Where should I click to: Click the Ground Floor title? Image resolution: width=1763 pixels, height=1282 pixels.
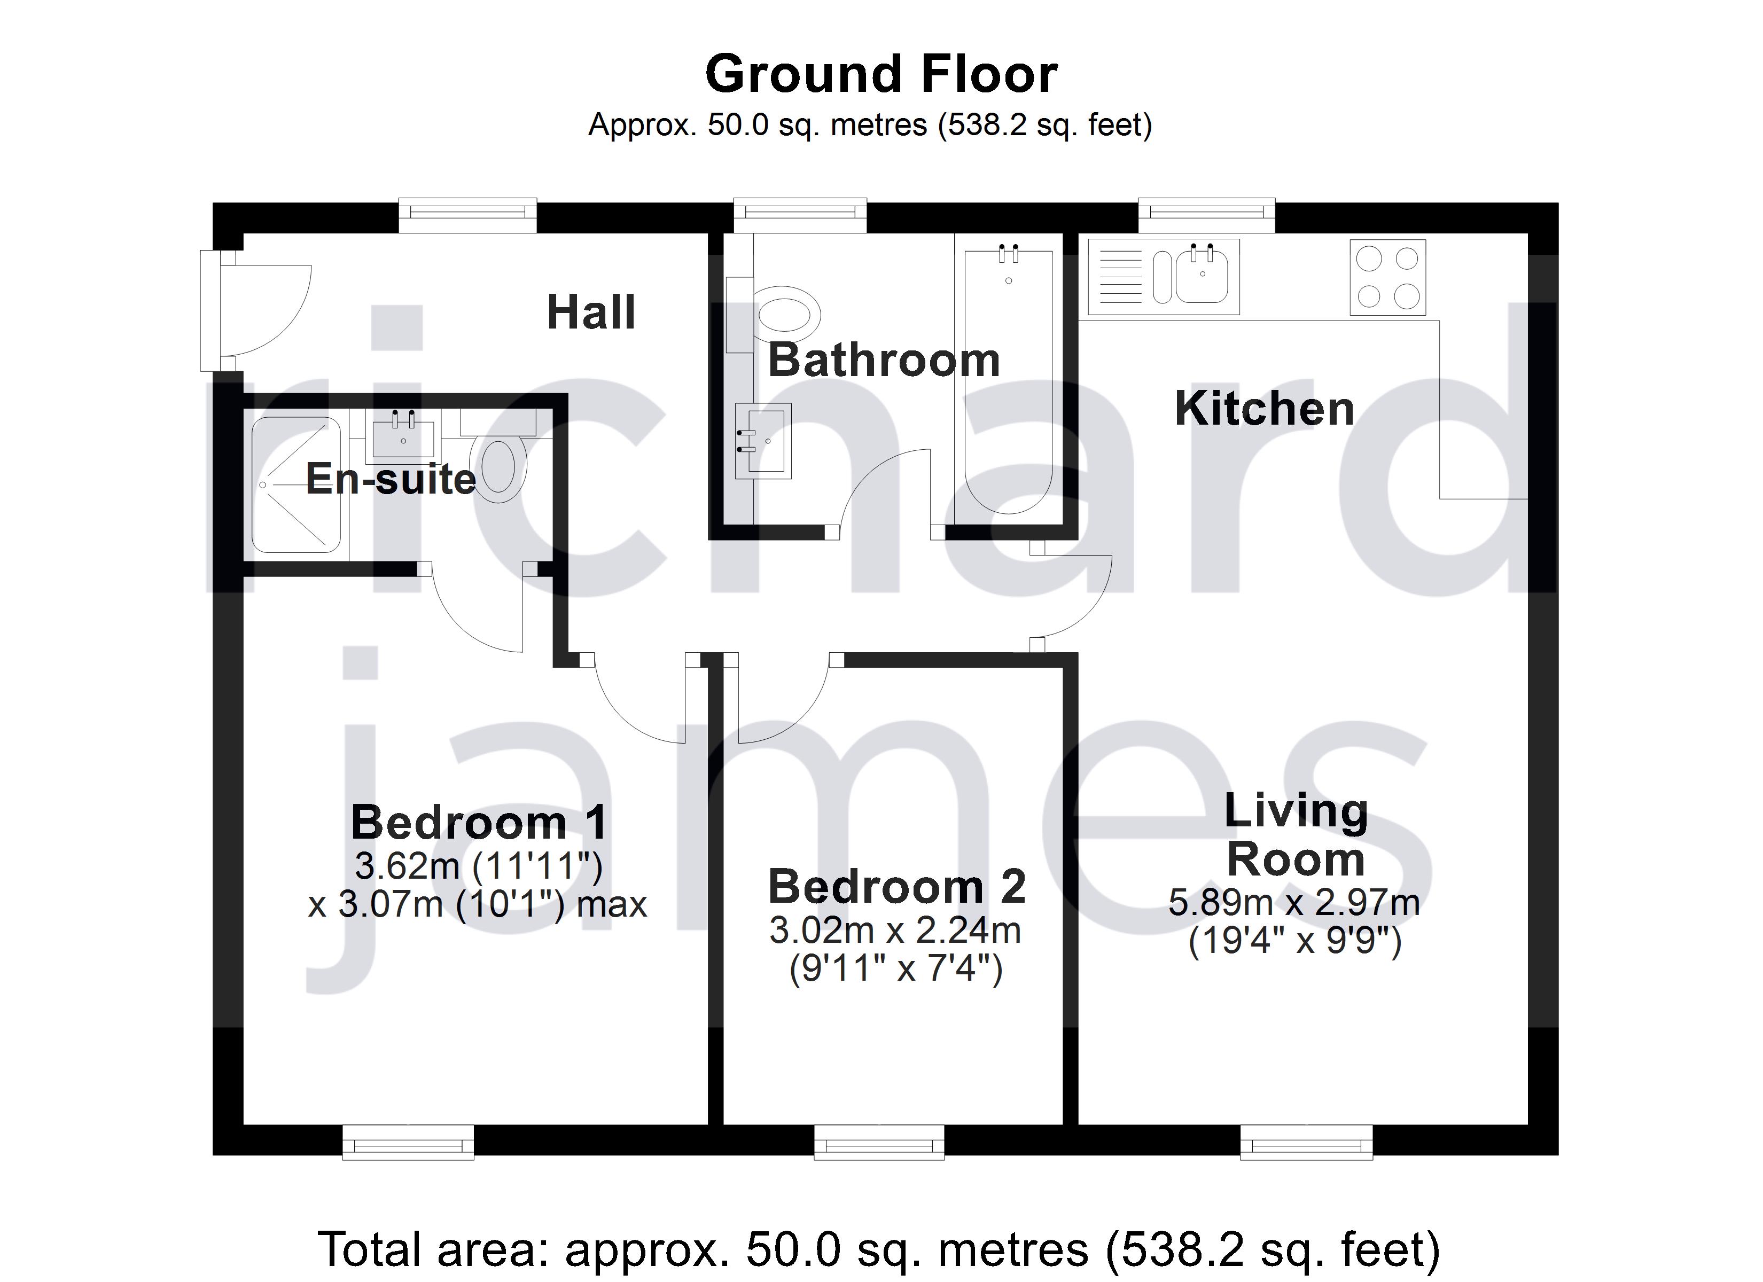point(881,75)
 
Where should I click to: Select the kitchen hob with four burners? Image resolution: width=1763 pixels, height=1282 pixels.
point(1387,278)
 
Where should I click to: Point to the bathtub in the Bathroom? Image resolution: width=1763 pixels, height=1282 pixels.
point(1008,381)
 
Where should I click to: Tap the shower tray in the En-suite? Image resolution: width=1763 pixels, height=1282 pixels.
point(296,485)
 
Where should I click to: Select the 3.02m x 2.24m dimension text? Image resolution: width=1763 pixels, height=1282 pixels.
point(895,931)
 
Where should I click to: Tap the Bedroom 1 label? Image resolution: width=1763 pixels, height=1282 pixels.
point(479,823)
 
